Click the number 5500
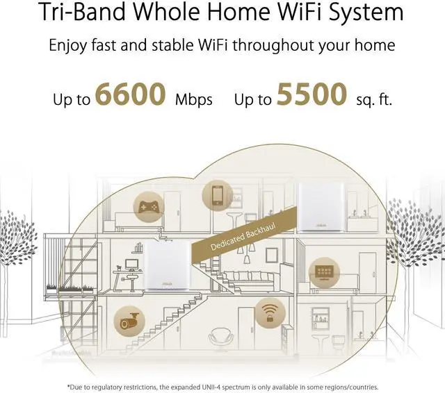point(311,94)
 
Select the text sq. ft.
point(373,99)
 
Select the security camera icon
point(130,320)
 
